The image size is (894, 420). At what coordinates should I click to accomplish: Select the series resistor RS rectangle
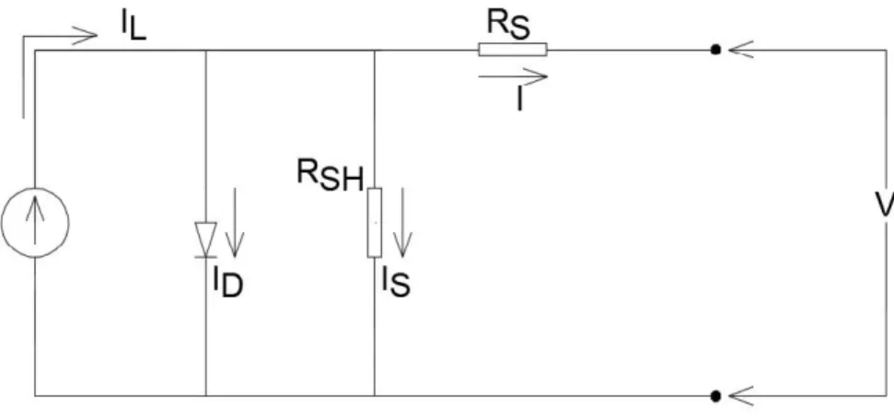(x=513, y=50)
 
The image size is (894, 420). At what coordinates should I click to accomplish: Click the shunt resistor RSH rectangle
(x=375, y=223)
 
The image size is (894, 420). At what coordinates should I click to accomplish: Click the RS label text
(x=508, y=25)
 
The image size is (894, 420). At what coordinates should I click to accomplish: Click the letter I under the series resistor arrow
(x=519, y=99)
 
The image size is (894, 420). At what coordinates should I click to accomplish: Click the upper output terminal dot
(x=715, y=50)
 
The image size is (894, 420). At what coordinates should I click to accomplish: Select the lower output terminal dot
(x=715, y=395)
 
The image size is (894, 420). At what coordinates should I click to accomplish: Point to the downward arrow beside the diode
(x=235, y=223)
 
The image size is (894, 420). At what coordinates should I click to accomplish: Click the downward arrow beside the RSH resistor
(x=402, y=223)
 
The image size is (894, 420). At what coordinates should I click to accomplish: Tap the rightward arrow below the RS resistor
(x=513, y=76)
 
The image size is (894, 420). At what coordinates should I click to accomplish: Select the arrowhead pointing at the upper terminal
(x=741, y=50)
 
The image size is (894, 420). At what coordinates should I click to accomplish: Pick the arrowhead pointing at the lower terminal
(x=741, y=395)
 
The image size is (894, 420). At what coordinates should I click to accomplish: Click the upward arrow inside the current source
(x=35, y=220)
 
